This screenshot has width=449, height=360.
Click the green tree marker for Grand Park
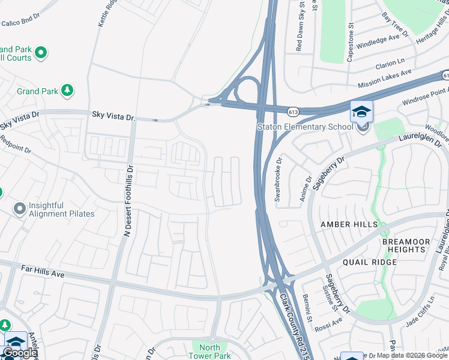pyautogui.click(x=67, y=91)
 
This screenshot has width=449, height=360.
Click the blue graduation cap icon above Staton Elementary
pyautogui.click(x=361, y=112)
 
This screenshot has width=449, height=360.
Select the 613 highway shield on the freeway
pyautogui.click(x=293, y=112)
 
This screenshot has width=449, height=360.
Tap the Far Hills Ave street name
pyautogui.click(x=43, y=271)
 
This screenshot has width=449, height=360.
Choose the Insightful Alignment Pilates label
pyautogui.click(x=62, y=209)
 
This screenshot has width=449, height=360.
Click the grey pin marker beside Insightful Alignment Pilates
pyautogui.click(x=20, y=209)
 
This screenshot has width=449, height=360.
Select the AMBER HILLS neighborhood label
pyautogui.click(x=349, y=224)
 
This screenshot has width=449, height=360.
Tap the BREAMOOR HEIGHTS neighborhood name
pyautogui.click(x=406, y=245)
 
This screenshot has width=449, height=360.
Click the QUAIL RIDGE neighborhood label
pyautogui.click(x=369, y=262)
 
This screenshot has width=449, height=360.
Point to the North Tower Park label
pyautogui.click(x=209, y=351)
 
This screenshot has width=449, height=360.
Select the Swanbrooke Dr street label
pyautogui.click(x=279, y=179)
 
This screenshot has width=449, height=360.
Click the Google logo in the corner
pyautogui.click(x=20, y=353)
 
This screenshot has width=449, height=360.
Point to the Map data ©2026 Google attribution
pyautogui.click(x=412, y=355)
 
